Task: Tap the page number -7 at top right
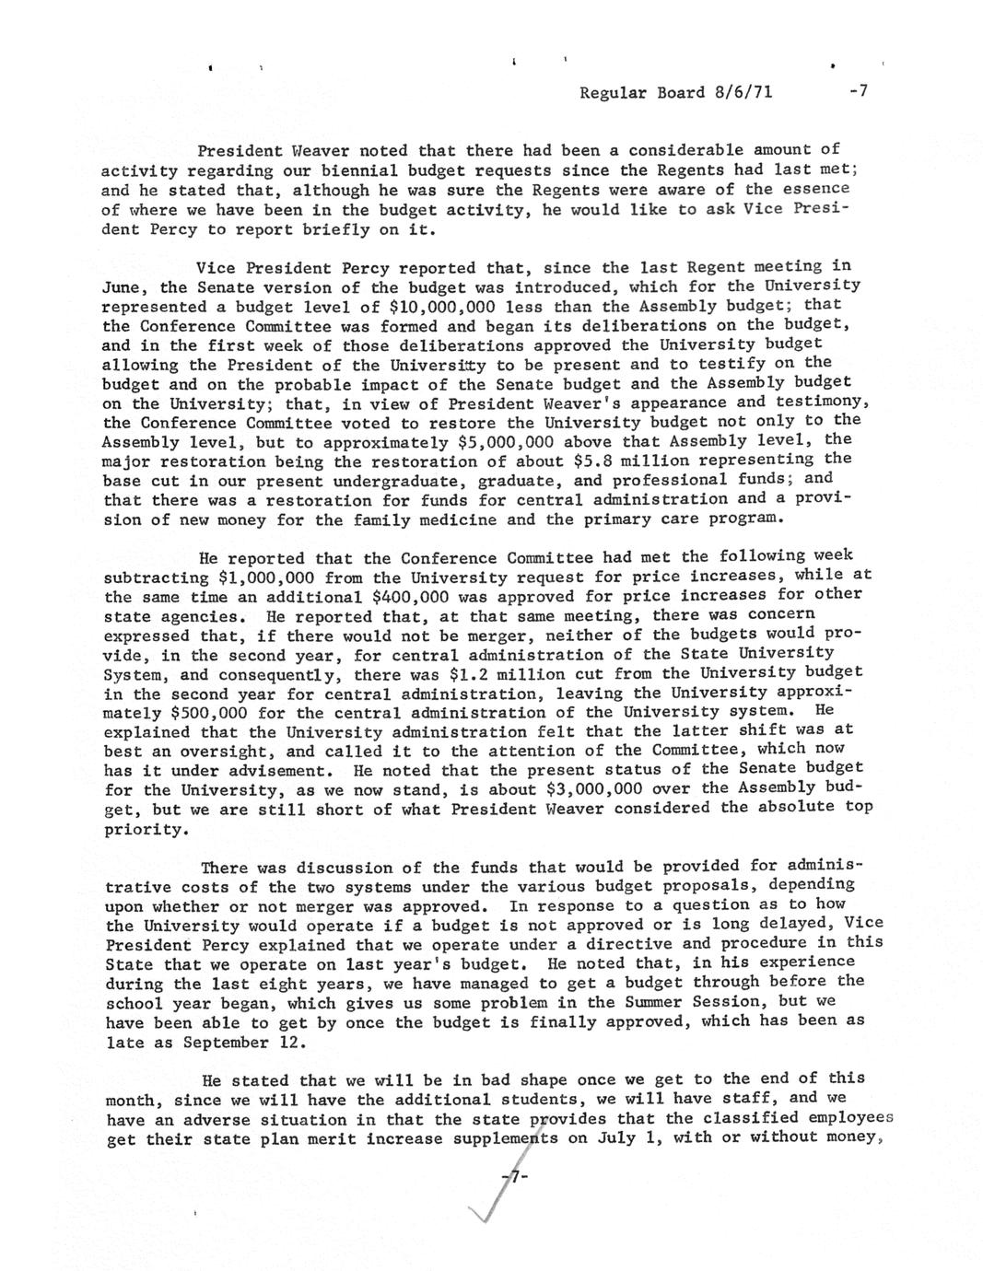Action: tap(858, 92)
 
